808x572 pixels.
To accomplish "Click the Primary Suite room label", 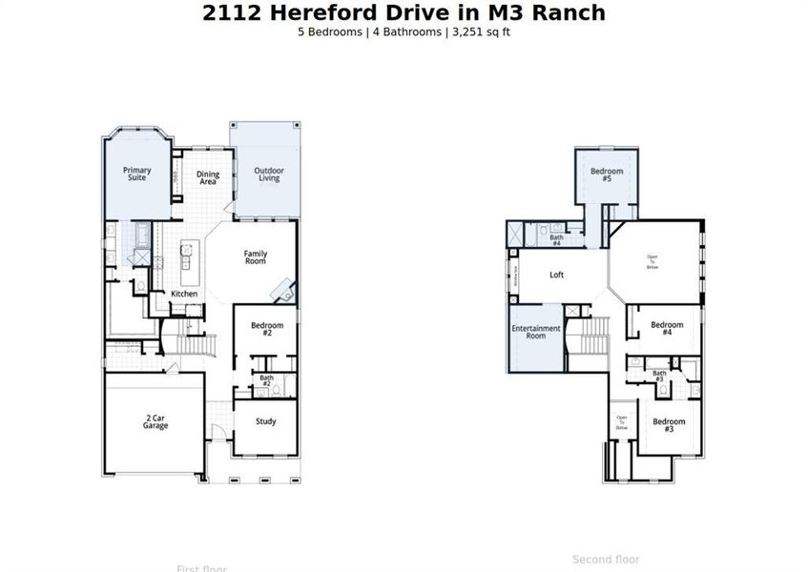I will click(x=136, y=174).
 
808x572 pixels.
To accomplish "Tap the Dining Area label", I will click(x=208, y=177).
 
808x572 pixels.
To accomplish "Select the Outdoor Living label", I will click(x=269, y=174).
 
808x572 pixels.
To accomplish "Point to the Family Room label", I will click(x=255, y=256).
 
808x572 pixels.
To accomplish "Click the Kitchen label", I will click(x=184, y=294).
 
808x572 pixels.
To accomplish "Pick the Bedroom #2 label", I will click(x=267, y=329).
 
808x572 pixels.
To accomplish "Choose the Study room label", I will click(x=266, y=421).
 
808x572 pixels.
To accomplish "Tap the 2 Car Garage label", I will click(x=155, y=421).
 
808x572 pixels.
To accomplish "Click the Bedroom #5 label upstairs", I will click(x=607, y=174).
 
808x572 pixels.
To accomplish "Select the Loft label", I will click(x=557, y=275).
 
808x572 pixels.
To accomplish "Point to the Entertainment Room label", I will click(x=536, y=332).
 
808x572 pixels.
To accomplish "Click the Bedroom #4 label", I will click(x=668, y=329).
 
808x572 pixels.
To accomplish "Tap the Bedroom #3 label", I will click(x=669, y=425).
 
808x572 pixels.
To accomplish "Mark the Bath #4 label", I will click(x=556, y=240).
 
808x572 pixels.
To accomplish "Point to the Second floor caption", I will click(x=606, y=560).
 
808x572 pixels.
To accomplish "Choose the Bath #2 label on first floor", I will click(x=266, y=381).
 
